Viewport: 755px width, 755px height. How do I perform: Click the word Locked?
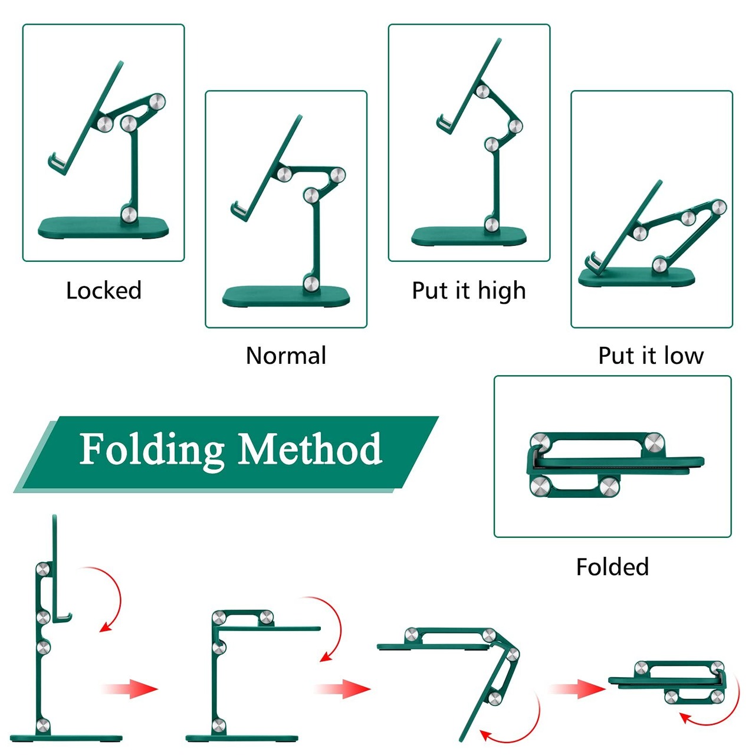(x=104, y=291)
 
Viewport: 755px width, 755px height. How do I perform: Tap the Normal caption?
(x=286, y=356)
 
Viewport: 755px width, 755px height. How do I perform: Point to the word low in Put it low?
(x=684, y=356)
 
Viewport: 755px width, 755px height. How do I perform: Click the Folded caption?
(x=612, y=567)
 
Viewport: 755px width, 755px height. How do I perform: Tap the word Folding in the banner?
(x=152, y=449)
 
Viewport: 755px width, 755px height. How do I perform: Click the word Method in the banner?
(x=310, y=449)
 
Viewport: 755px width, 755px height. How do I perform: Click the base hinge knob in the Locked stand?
(x=129, y=214)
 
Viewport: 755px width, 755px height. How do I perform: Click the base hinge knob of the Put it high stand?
(x=491, y=224)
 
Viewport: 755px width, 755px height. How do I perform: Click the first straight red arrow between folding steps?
(x=130, y=688)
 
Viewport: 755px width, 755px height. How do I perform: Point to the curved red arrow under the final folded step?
(x=711, y=717)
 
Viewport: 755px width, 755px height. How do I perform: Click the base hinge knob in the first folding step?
(x=43, y=726)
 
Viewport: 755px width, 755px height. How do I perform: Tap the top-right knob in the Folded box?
(x=654, y=442)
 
